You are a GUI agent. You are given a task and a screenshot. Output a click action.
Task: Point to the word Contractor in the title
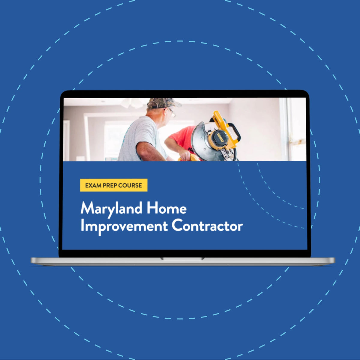coord(207,226)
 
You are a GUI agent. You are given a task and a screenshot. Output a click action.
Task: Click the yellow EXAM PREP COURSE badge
coord(114,185)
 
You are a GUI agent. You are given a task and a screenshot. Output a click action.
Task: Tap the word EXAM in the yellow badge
coord(93,185)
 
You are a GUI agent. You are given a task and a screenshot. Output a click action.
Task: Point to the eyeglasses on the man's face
coord(172,112)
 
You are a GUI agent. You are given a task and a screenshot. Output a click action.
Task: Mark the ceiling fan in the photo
coord(132,103)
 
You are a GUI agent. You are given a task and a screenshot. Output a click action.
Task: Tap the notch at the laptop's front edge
coord(182,258)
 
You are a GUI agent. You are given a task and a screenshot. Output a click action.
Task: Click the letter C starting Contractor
coord(177,226)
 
